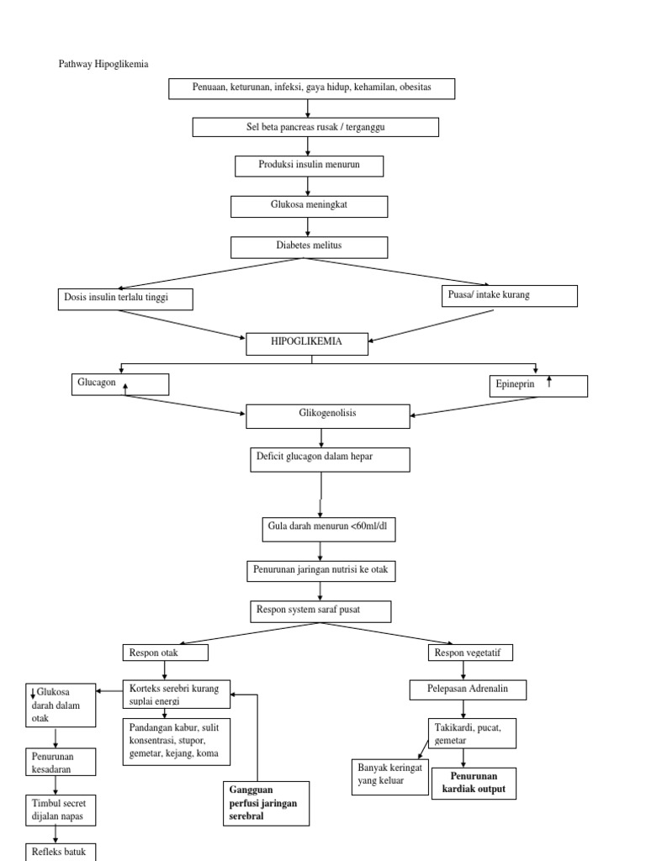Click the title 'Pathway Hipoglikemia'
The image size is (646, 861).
(103, 64)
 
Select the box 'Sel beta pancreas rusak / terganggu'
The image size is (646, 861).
(315, 127)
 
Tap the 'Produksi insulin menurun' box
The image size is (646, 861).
(309, 166)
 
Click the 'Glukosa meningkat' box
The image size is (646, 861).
(309, 207)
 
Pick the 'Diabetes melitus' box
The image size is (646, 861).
(309, 247)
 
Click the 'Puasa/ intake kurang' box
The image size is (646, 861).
(510, 296)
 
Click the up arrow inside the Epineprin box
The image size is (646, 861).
(549, 383)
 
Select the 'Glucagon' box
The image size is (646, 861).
(119, 384)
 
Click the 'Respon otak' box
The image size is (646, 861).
(166, 652)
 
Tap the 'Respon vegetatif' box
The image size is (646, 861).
(470, 652)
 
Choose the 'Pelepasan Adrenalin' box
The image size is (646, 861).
(469, 690)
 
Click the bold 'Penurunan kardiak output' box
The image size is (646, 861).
(474, 783)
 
